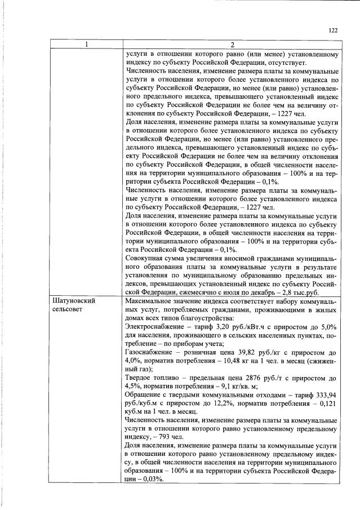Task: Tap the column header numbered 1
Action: point(86,45)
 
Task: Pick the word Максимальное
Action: point(150,301)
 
